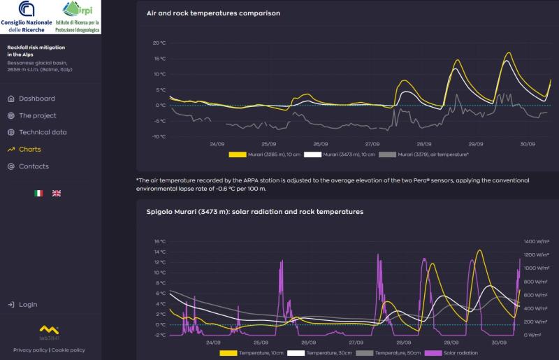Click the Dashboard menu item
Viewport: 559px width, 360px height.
point(36,99)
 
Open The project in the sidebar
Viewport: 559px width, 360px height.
point(37,115)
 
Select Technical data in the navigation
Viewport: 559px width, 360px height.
point(43,132)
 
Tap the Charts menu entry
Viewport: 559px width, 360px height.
point(29,149)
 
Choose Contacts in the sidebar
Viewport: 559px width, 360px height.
point(34,166)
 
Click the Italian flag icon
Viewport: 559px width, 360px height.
point(39,193)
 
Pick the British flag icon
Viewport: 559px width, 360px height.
point(57,193)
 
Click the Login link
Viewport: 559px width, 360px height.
point(28,305)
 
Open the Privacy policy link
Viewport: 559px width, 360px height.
point(30,350)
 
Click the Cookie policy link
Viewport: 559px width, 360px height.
point(68,350)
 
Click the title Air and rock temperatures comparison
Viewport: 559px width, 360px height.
point(213,13)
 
